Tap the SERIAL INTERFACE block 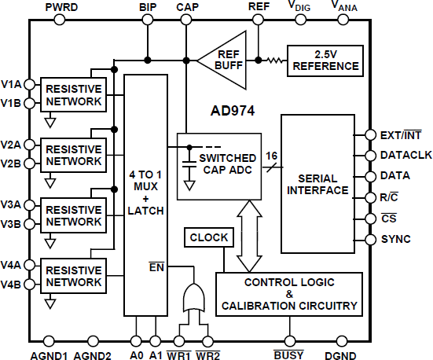[318, 179]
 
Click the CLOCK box [209, 237]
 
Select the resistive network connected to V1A [73, 94]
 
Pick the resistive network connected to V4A [73, 276]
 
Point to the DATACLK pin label [405, 156]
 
